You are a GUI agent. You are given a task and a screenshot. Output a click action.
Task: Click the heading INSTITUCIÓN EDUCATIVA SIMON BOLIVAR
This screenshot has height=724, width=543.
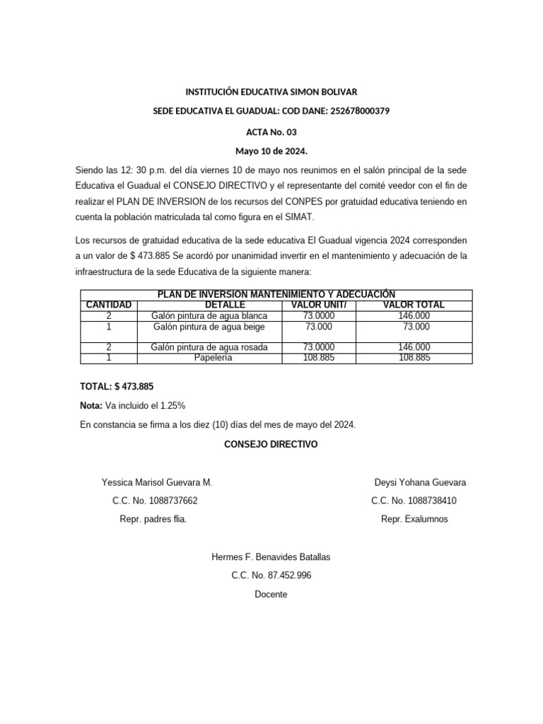(x=271, y=92)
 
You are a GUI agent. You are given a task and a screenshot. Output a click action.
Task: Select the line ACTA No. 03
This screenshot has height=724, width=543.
(x=271, y=132)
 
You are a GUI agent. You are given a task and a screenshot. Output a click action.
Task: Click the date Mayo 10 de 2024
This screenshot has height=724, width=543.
(x=271, y=151)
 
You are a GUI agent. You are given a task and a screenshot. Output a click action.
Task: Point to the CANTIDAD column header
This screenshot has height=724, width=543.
(x=109, y=305)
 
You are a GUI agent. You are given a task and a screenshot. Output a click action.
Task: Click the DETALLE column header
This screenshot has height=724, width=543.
(x=209, y=305)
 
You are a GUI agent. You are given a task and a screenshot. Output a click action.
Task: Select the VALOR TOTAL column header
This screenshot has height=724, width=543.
(x=414, y=305)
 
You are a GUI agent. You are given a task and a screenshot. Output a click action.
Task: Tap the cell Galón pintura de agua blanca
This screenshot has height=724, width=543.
(x=209, y=315)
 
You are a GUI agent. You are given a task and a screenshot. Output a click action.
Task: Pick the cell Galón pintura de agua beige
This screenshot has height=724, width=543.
(x=209, y=327)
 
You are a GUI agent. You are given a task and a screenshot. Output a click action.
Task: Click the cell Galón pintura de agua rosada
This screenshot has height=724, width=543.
(x=209, y=347)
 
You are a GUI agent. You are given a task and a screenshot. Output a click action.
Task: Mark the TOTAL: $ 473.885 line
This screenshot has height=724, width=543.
(x=117, y=387)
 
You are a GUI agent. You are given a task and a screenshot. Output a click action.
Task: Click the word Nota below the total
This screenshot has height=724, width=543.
(x=91, y=406)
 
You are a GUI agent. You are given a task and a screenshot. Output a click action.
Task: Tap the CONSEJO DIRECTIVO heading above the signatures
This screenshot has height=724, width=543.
(x=271, y=445)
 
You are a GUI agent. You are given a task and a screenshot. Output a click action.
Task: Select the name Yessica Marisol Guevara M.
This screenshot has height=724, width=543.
(x=157, y=483)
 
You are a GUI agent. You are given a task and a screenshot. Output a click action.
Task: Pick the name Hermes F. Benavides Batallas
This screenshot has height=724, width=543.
(x=271, y=557)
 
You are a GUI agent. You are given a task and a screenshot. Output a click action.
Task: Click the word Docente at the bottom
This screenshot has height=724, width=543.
(x=271, y=595)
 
